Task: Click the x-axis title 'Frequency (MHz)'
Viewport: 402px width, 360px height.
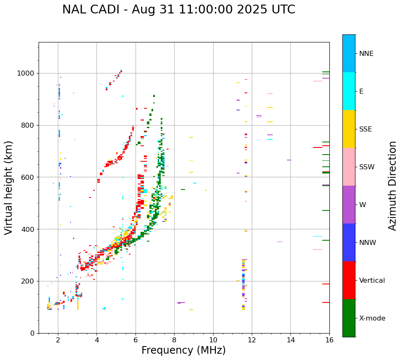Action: coord(183,350)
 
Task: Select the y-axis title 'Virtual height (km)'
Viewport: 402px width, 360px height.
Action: coord(9,187)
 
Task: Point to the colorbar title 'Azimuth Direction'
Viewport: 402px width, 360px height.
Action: coord(392,186)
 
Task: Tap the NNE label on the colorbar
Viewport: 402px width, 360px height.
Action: coord(366,54)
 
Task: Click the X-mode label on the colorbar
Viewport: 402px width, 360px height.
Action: coord(372,318)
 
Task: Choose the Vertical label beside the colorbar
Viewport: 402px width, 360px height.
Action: coord(372,281)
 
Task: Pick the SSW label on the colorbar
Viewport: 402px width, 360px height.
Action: coord(367,167)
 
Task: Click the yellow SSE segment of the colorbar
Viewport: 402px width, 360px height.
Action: coord(349,129)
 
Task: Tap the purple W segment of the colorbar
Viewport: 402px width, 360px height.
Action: coord(349,205)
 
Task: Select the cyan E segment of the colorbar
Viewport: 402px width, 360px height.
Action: coord(349,91)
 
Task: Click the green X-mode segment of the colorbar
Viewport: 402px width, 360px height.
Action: coord(349,318)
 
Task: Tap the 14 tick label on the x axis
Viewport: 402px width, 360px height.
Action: coord(290,340)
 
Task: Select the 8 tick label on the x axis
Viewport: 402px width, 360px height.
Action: coord(174,340)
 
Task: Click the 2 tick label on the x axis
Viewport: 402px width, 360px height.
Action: coord(58,340)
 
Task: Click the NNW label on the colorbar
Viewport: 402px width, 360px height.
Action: coord(368,243)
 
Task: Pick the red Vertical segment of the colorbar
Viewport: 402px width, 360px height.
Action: coord(349,280)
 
